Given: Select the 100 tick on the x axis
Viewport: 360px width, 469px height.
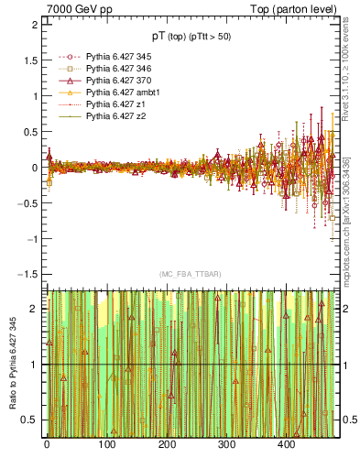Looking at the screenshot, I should point(106,444).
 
